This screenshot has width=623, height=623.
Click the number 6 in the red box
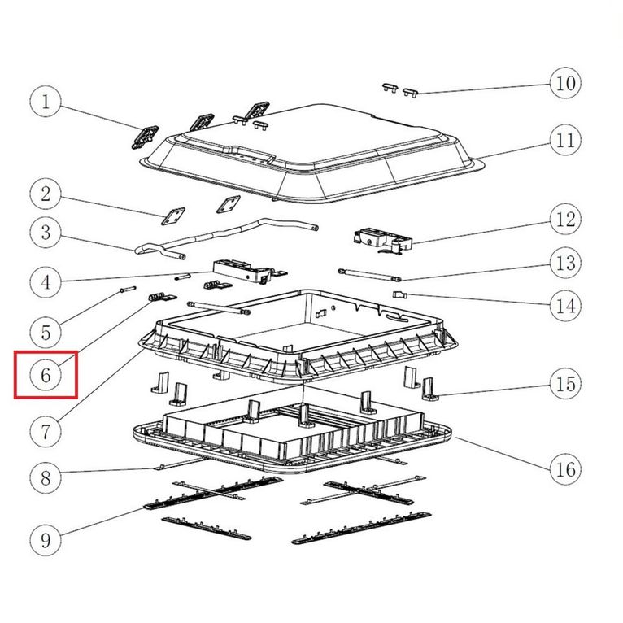click(x=46, y=375)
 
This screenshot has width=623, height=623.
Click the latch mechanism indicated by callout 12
click(x=382, y=240)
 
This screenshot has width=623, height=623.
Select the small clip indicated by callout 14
click(x=400, y=294)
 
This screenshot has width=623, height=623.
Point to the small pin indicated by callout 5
click(x=128, y=290)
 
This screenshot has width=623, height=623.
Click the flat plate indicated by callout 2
click(x=173, y=216)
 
